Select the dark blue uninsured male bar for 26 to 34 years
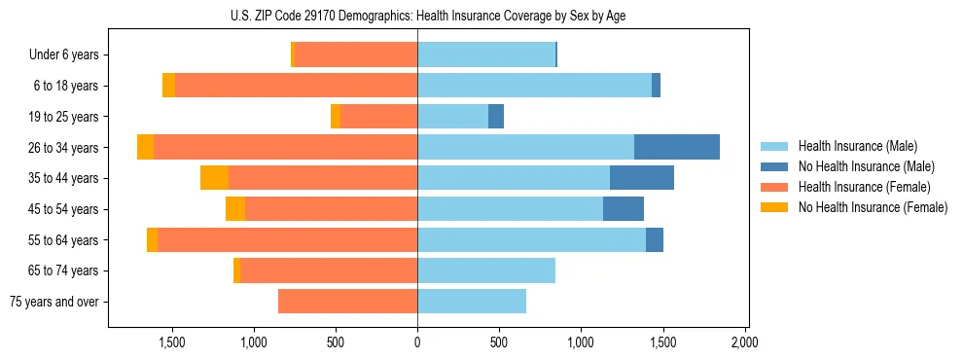point(677,147)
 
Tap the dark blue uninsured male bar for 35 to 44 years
point(642,178)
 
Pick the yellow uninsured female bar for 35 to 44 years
point(214,178)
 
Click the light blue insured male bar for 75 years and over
point(472,302)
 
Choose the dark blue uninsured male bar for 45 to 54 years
point(624,209)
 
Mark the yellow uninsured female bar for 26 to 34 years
point(145,147)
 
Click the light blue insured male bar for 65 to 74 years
point(486,270)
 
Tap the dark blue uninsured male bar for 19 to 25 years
point(496,117)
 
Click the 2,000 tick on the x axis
point(745,342)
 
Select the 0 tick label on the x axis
point(417,342)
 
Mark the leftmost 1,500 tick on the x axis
point(171,342)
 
